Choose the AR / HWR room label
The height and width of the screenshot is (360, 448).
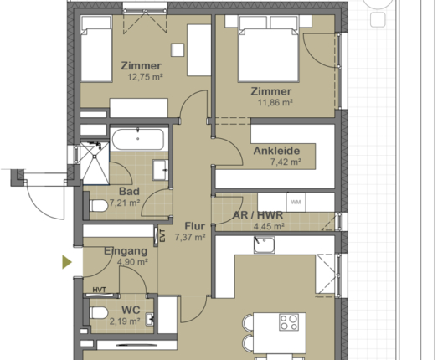(x=257, y=214)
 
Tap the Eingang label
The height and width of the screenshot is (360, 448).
(x=126, y=250)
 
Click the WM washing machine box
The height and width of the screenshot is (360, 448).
(x=295, y=202)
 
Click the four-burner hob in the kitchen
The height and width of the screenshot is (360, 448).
(x=291, y=322)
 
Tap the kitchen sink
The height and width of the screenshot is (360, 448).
(x=265, y=244)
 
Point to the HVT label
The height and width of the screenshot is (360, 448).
(x=100, y=291)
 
